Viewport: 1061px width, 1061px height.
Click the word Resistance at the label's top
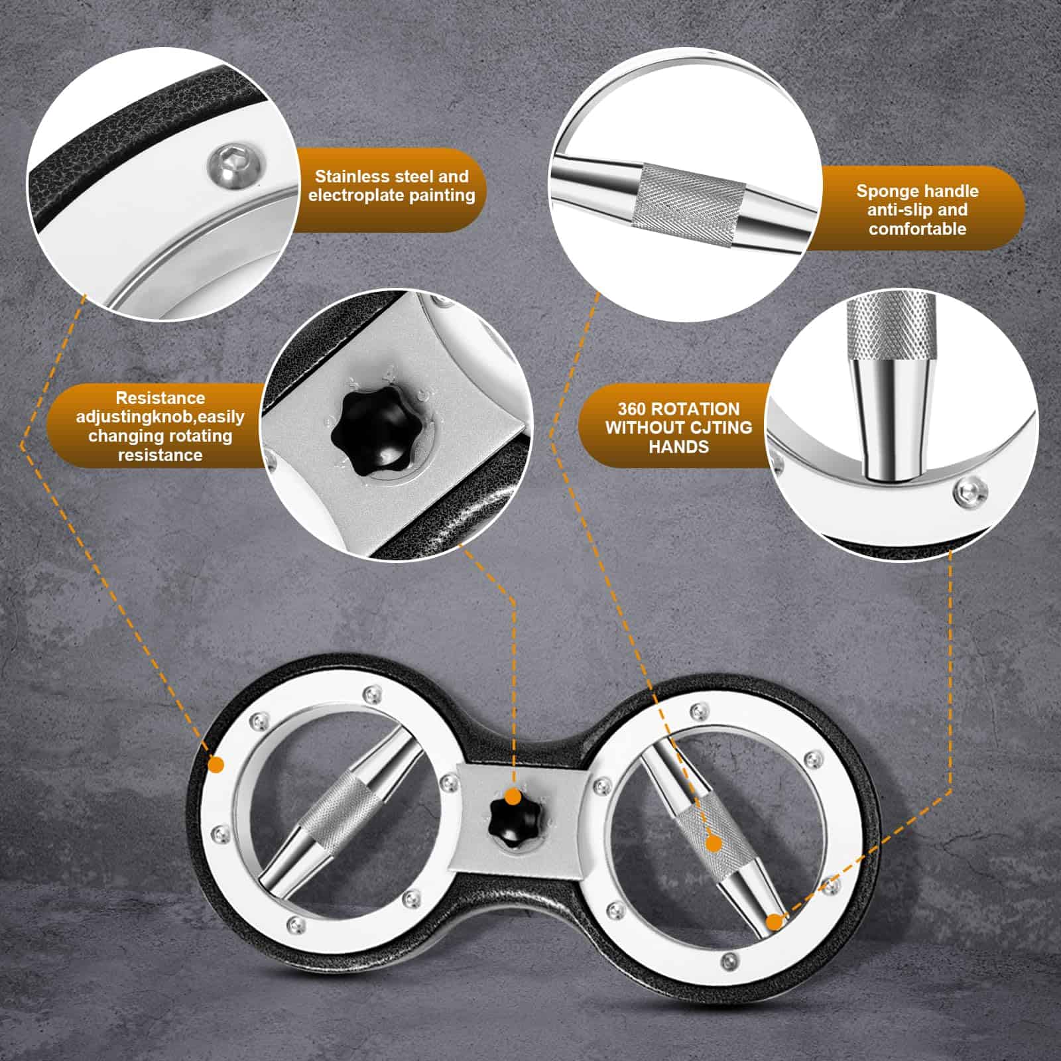pyautogui.click(x=160, y=398)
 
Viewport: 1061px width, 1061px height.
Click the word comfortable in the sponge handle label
pyautogui.click(x=918, y=229)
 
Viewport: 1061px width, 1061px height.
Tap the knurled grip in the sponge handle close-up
pyautogui.click(x=689, y=193)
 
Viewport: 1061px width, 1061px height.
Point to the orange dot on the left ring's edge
pyautogui.click(x=216, y=764)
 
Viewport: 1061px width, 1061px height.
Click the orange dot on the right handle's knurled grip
pyautogui.click(x=714, y=843)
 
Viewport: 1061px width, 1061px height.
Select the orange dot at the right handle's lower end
pyautogui.click(x=774, y=922)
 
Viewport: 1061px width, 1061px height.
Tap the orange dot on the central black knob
pyautogui.click(x=512, y=796)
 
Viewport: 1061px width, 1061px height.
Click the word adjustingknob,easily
pyautogui.click(x=160, y=417)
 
